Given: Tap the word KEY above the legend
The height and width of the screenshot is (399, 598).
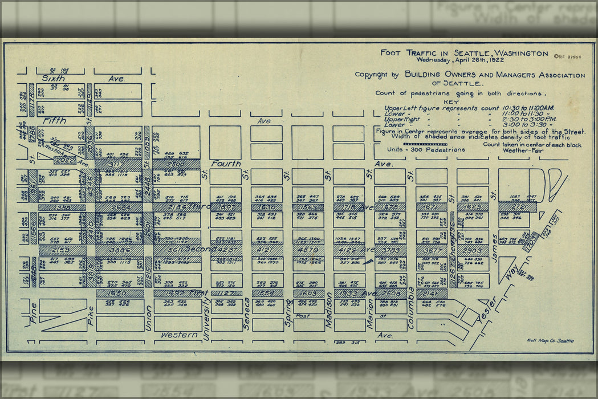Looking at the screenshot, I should click(x=434, y=102).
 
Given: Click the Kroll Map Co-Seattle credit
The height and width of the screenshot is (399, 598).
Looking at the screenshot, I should click(x=551, y=341).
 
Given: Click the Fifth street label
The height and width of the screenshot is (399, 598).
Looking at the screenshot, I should click(x=53, y=121).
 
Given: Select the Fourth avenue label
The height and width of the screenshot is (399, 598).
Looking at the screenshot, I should click(x=226, y=164).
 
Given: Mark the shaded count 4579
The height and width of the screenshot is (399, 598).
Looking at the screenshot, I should click(x=307, y=250).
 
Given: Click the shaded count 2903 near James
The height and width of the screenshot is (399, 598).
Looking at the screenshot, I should click(x=472, y=250).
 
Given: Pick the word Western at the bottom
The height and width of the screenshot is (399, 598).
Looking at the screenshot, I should click(x=178, y=335).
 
